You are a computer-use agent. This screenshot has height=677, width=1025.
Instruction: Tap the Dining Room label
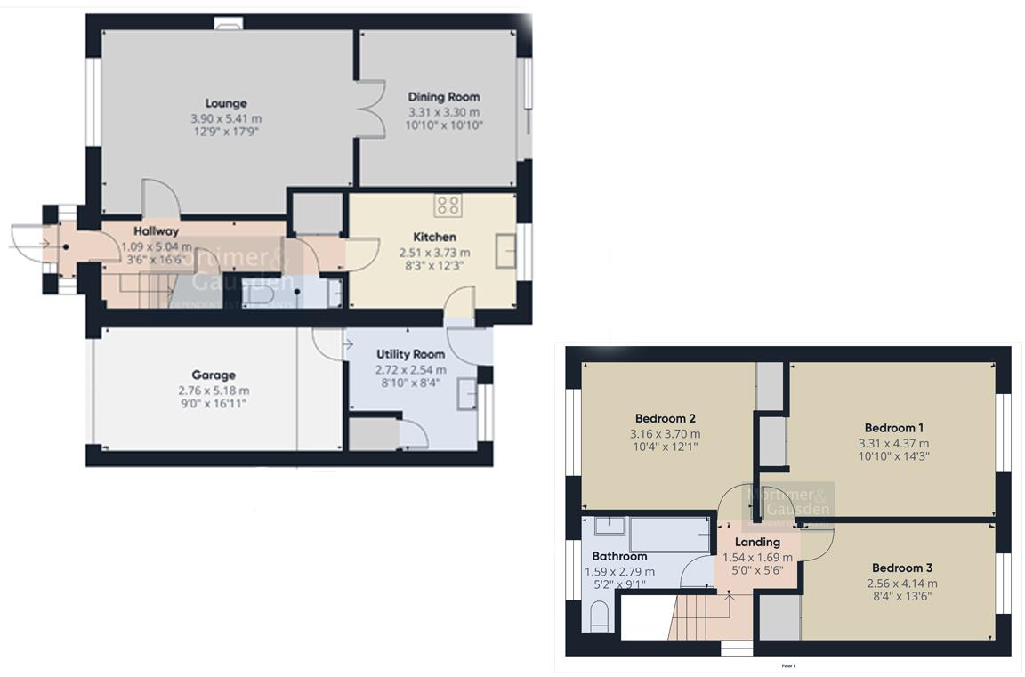pyautogui.click(x=443, y=97)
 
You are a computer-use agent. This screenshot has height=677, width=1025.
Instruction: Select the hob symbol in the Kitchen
pyautogui.click(x=448, y=206)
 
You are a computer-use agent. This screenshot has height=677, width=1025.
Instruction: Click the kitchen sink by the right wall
pyautogui.click(x=504, y=252)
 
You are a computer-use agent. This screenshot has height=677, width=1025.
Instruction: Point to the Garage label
pyautogui.click(x=214, y=375)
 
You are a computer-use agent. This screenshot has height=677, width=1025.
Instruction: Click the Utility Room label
pyautogui.click(x=410, y=355)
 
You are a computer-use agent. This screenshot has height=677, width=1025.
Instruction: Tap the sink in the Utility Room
pyautogui.click(x=467, y=393)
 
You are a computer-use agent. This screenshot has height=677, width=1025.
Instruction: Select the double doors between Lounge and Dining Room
pyautogui.click(x=370, y=109)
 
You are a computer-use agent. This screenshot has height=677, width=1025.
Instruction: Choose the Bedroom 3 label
pyautogui.click(x=902, y=568)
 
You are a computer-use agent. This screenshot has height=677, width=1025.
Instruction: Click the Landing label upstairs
pyautogui.click(x=757, y=542)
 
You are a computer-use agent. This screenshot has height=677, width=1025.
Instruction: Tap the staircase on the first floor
pyautogui.click(x=699, y=617)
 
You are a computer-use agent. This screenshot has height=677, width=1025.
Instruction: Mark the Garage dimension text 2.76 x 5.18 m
pyautogui.click(x=214, y=391)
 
